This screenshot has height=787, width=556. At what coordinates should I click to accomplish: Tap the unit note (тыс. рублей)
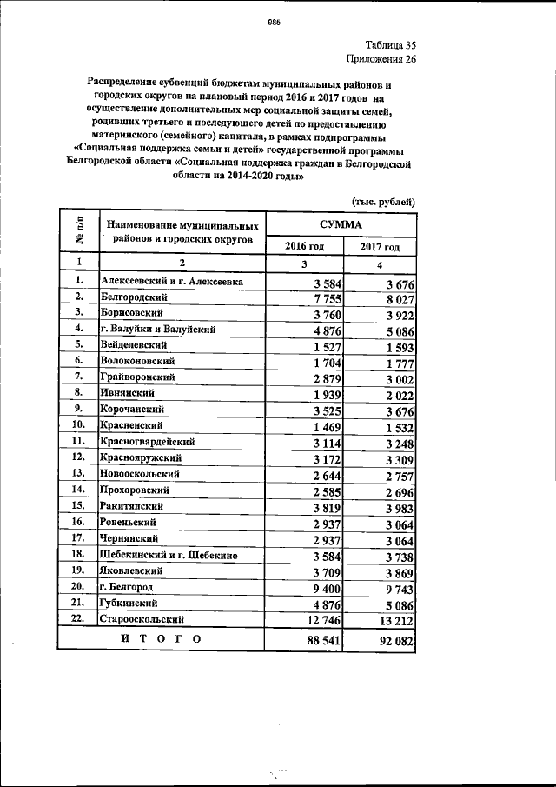point(383,202)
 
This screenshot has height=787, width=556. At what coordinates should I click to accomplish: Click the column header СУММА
point(341,223)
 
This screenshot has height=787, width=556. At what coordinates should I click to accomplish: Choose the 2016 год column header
point(304,246)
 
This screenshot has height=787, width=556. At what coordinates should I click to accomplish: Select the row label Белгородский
point(133,297)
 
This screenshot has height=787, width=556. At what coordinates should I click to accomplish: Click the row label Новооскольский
point(140,474)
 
